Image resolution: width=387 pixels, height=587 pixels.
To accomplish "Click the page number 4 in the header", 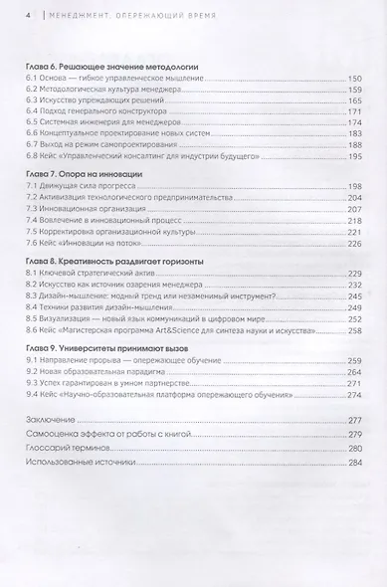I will coord(29,14).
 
